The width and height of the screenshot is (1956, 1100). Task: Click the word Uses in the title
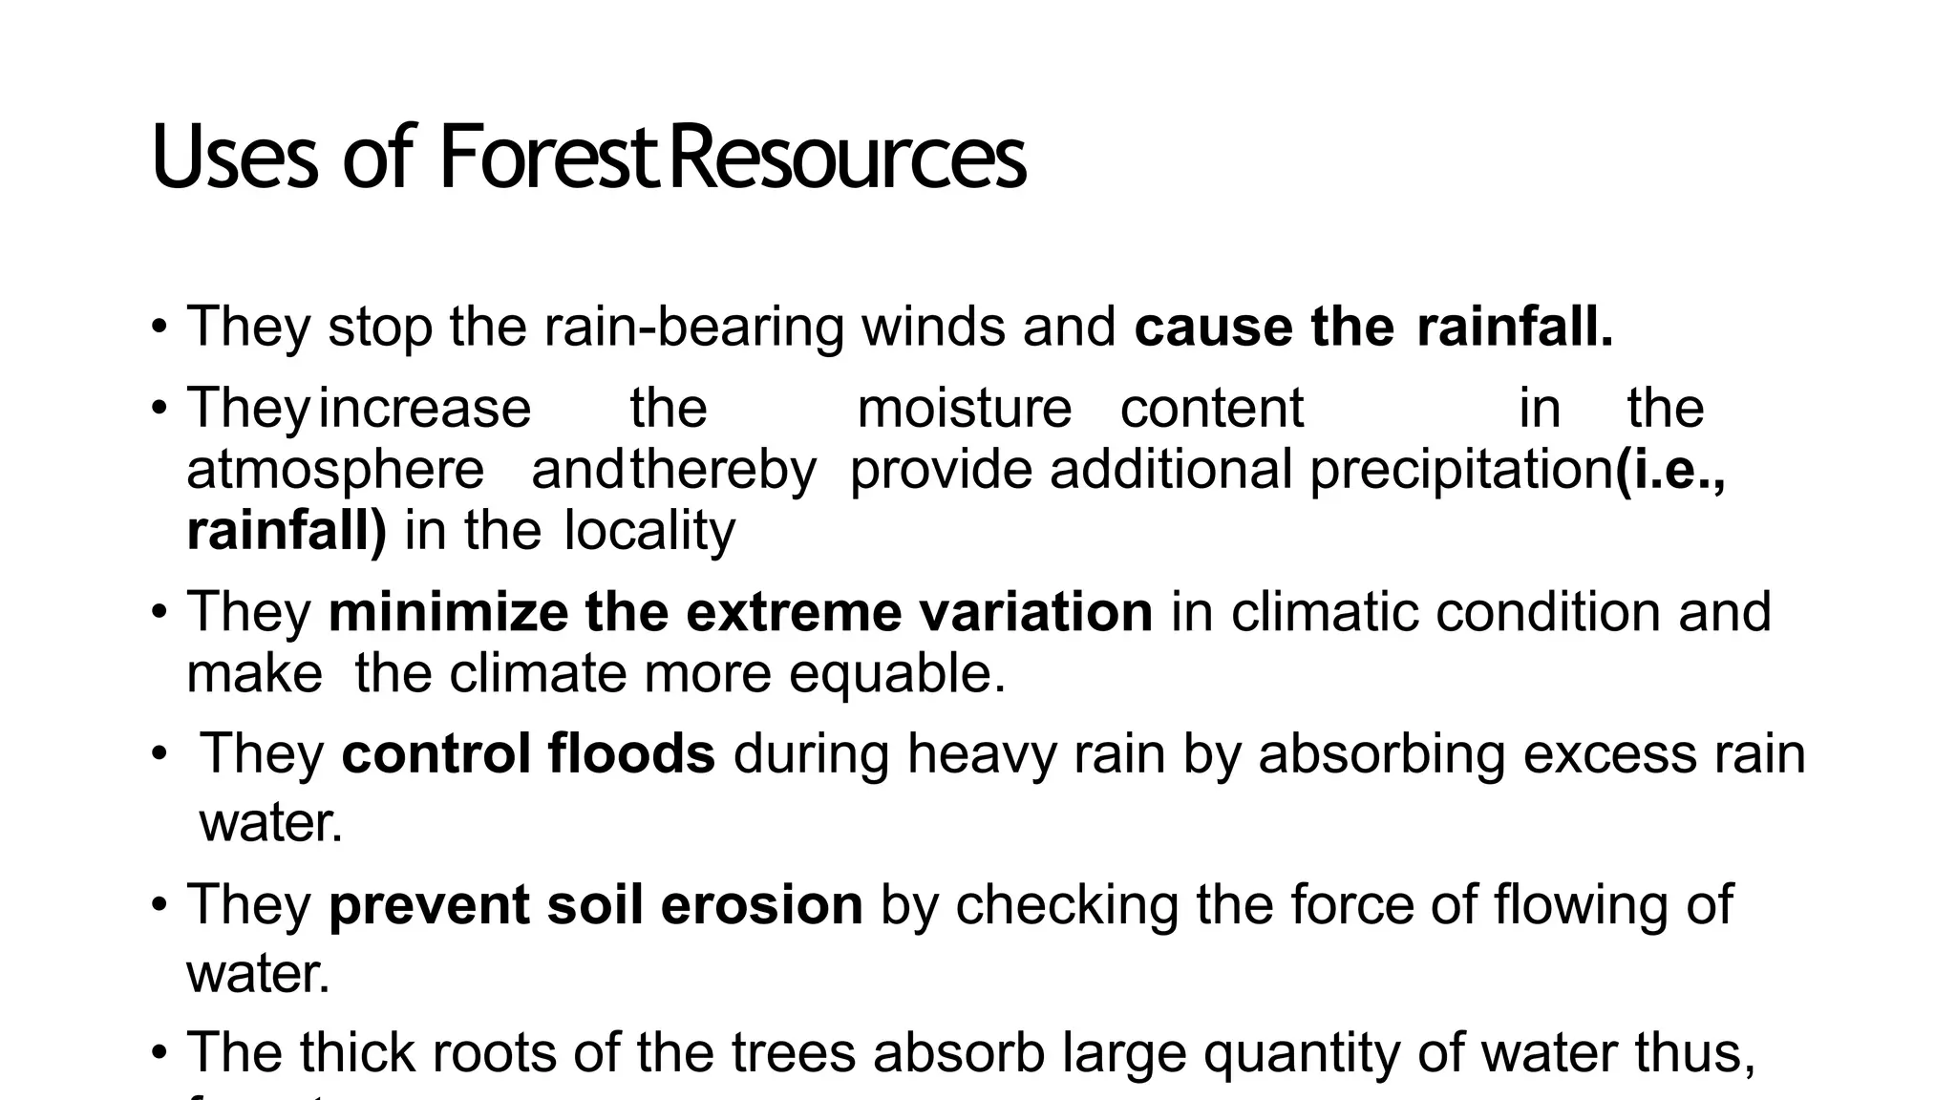(x=234, y=158)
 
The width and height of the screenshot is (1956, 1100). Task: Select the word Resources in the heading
(x=847, y=158)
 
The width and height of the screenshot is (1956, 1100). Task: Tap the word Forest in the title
(x=549, y=158)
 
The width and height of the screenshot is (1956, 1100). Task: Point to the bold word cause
(x=1213, y=328)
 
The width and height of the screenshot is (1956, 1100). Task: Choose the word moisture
(x=965, y=409)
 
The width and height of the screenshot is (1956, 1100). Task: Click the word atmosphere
(x=335, y=470)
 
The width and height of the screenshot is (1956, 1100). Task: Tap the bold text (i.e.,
(x=1671, y=470)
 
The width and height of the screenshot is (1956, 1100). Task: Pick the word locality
(x=650, y=531)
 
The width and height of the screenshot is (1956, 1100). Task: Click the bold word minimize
(x=448, y=612)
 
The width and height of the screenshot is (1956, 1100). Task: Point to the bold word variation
(x=1036, y=612)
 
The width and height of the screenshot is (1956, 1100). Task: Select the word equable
(x=897, y=674)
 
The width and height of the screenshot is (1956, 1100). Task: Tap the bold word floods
(x=630, y=753)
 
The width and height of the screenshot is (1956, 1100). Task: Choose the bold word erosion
(x=761, y=905)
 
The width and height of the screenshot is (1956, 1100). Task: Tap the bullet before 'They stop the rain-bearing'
(x=159, y=328)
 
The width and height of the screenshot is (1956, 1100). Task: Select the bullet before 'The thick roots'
(x=159, y=1053)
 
